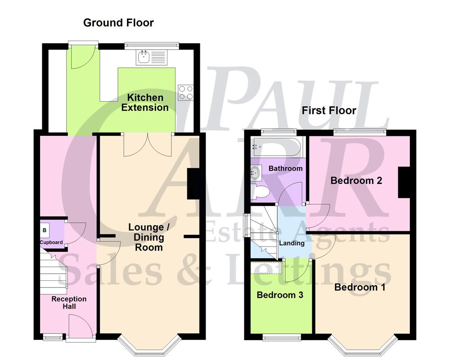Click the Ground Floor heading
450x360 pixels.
118,22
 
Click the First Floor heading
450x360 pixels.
329,110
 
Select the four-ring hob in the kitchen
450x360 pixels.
185,92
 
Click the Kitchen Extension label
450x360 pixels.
145,103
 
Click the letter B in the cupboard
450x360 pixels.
45,230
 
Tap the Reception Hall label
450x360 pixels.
69,302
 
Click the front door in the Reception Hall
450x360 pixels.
79,326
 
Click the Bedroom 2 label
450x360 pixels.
356,181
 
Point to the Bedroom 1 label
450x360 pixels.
360,287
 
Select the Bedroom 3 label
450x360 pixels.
279,295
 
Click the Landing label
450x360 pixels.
292,243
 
